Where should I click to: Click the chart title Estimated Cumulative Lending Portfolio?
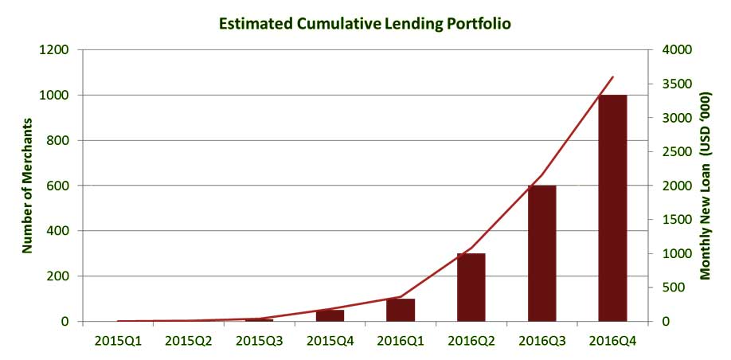(x=365, y=23)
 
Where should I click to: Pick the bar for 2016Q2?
(x=471, y=288)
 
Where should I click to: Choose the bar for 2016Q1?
(x=401, y=310)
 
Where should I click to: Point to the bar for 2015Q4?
(x=330, y=315)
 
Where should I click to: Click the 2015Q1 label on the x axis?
(x=118, y=341)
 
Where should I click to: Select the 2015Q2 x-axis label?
(x=189, y=341)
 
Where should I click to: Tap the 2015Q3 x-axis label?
(x=260, y=341)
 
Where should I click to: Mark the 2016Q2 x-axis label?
(x=471, y=341)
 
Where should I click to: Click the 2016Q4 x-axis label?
(x=612, y=341)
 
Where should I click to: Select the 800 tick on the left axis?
(x=60, y=140)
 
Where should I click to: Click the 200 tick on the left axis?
(x=60, y=276)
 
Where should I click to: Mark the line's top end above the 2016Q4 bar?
(x=613, y=77)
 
